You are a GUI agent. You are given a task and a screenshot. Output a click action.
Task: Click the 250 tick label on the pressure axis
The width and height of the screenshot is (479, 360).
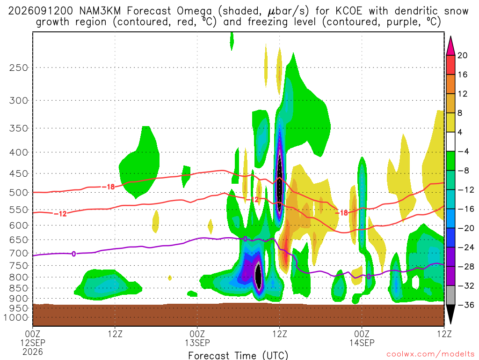(x=19, y=67)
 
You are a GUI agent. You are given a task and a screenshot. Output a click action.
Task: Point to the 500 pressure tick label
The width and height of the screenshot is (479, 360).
(x=19, y=193)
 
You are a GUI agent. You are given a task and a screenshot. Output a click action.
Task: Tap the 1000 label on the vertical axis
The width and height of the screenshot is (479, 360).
(x=16, y=317)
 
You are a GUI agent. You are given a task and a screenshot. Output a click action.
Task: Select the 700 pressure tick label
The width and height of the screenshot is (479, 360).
(x=19, y=253)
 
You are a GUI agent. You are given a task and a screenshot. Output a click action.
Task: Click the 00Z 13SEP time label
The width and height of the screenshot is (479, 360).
(x=197, y=338)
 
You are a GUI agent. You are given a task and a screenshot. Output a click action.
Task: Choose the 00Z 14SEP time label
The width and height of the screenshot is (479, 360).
(x=362, y=338)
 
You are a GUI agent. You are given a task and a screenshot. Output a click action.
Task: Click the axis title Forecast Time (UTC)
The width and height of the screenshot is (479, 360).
(x=238, y=355)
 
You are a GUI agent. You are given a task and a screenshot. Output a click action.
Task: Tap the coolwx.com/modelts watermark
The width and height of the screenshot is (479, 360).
(x=430, y=354)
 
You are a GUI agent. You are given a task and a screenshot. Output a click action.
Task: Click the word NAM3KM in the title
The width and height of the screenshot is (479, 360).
(x=100, y=11)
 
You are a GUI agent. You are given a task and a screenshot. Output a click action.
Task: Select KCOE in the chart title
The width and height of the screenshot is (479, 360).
(x=348, y=11)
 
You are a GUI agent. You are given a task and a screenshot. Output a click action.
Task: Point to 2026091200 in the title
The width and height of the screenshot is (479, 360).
(x=41, y=11)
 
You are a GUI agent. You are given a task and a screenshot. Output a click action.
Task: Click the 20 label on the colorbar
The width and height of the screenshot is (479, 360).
(x=462, y=55)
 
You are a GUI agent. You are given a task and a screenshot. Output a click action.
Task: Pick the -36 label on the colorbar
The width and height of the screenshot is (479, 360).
(x=465, y=305)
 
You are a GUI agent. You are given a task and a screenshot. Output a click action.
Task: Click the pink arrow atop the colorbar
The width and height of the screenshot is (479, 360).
(x=450, y=45)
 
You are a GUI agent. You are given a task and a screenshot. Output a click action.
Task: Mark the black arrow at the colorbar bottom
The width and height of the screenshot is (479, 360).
(x=450, y=314)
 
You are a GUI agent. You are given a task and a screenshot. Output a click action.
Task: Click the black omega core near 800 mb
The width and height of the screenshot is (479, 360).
(x=258, y=276)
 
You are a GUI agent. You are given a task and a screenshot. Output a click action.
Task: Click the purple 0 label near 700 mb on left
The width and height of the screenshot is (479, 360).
(x=73, y=254)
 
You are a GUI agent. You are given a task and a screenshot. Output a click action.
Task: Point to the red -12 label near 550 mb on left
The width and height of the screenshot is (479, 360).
(x=60, y=214)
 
